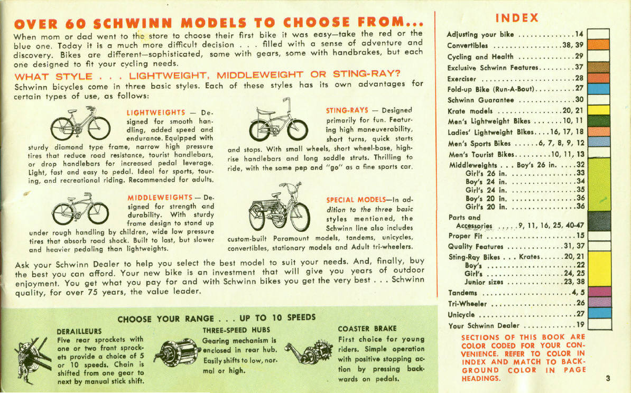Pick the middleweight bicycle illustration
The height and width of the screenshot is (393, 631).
click(x=80, y=208)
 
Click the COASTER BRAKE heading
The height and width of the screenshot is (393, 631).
click(x=367, y=329)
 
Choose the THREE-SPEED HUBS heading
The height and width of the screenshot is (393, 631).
click(x=230, y=330)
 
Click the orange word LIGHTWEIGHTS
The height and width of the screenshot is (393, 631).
click(x=156, y=113)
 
